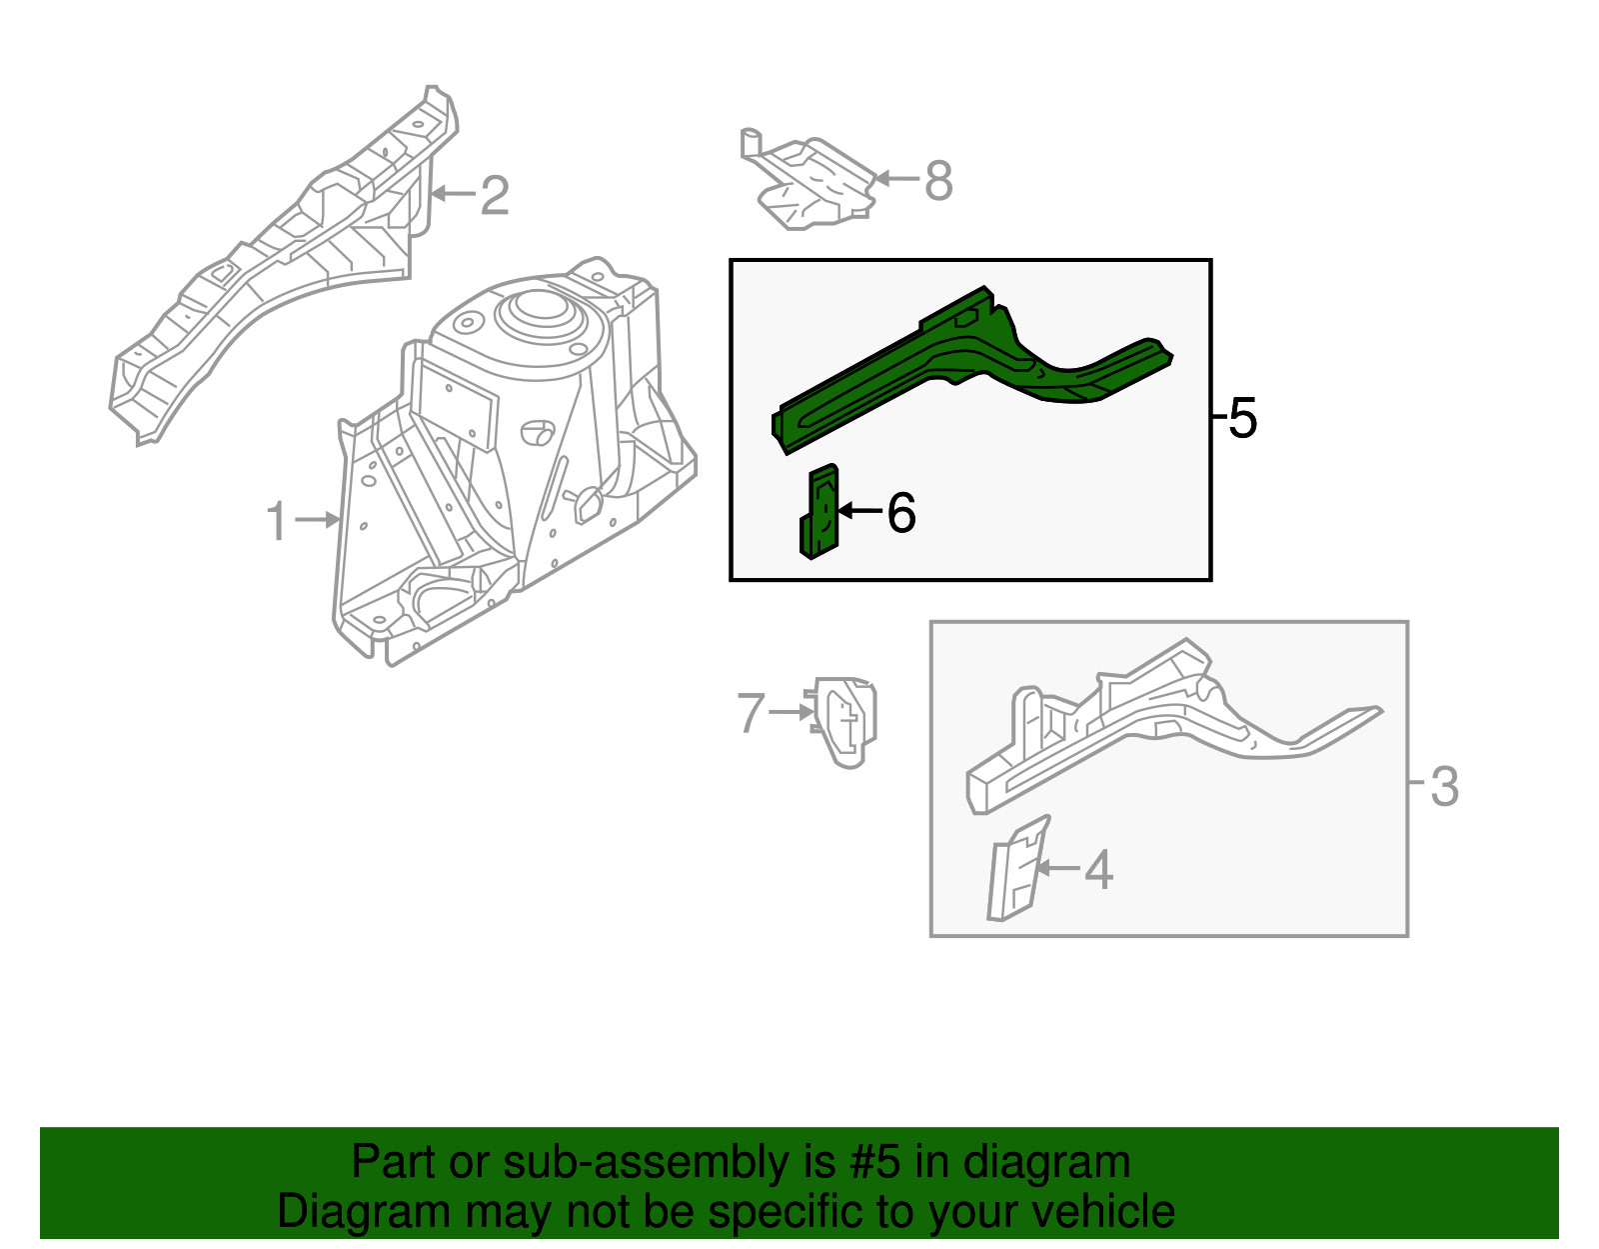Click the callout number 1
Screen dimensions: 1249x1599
(277, 522)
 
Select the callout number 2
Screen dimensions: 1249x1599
(494, 195)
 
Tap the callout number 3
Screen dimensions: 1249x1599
(1444, 787)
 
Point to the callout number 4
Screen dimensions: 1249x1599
(1098, 870)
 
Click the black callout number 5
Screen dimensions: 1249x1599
(1242, 418)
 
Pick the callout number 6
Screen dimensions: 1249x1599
(900, 514)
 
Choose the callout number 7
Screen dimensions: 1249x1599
(751, 713)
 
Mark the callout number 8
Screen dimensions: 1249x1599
(938, 182)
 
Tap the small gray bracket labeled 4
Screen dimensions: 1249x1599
(1016, 868)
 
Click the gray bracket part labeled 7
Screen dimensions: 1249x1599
(845, 720)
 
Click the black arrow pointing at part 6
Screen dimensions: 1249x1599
(858, 511)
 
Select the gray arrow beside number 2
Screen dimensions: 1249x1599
(453, 194)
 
